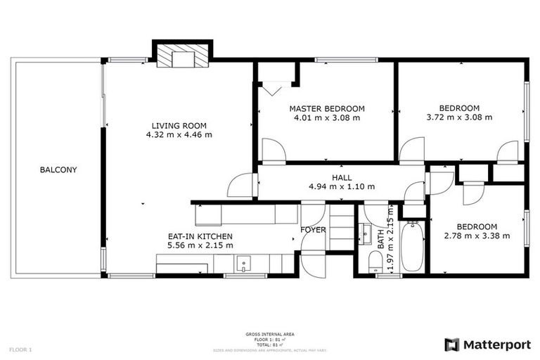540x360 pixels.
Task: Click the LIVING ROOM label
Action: pyautogui.click(x=179, y=125)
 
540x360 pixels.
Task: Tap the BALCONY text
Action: pyautogui.click(x=58, y=169)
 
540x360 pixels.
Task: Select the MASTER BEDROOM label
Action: pyautogui.click(x=327, y=108)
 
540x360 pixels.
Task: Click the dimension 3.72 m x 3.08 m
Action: pyautogui.click(x=459, y=117)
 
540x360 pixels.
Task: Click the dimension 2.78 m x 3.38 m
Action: pyautogui.click(x=477, y=236)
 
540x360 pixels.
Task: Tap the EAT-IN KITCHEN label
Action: pyautogui.click(x=200, y=236)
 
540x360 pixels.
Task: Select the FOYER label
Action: pyautogui.click(x=313, y=230)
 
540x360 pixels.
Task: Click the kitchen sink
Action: pyautogui.click(x=243, y=264)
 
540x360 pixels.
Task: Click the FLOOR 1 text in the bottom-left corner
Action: pyautogui.click(x=20, y=349)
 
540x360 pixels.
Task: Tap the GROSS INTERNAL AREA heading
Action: pyautogui.click(x=270, y=334)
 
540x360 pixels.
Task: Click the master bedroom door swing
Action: pyautogui.click(x=274, y=150)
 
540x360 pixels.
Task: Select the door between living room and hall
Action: pyautogui.click(x=243, y=185)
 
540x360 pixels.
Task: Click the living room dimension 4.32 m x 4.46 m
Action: pyautogui.click(x=179, y=134)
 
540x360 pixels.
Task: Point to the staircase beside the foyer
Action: pyautogui.click(x=341, y=229)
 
